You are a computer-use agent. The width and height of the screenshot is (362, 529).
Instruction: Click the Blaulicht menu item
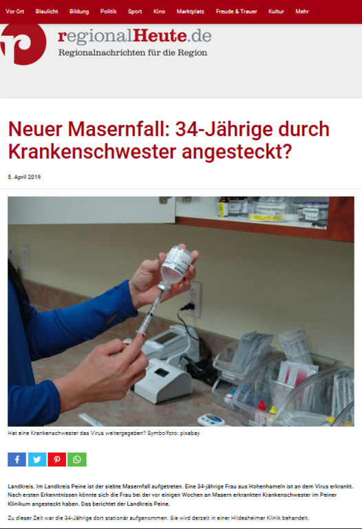47,12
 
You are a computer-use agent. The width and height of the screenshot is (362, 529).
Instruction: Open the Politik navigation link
108,12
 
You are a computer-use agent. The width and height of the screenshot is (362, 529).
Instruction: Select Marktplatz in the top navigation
191,12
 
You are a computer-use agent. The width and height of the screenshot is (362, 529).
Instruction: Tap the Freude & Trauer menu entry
236,12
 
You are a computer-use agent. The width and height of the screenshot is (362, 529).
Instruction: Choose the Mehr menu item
302,12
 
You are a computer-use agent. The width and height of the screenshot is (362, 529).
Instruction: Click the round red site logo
23,44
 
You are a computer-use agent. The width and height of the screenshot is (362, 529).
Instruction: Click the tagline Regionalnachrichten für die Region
133,53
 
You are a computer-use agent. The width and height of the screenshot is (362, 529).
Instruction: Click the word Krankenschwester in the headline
92,152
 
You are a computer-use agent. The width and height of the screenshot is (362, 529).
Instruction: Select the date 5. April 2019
24,177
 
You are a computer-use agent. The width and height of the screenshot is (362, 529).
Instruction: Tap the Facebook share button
17,460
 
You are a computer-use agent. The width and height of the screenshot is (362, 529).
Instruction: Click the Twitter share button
37,460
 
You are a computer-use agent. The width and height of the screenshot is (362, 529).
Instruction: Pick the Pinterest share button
57,460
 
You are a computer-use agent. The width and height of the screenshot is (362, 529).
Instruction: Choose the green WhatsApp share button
77,460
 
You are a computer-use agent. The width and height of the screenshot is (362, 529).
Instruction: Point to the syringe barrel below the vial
148,315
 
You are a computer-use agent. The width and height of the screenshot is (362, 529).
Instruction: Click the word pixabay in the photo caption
190,434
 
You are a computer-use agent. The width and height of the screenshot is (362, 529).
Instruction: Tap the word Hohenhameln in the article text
264,486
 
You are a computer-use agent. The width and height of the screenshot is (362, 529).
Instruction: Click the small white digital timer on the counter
211,420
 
